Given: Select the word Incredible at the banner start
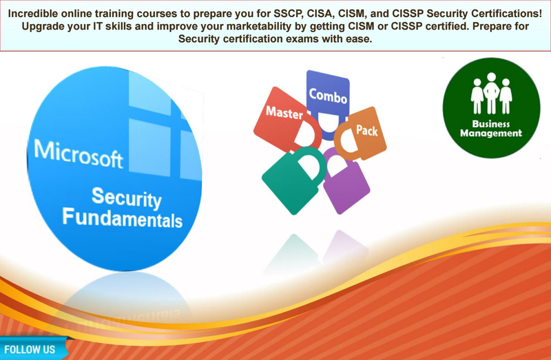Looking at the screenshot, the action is click(32, 14).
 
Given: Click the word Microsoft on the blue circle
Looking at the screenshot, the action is click(79, 154).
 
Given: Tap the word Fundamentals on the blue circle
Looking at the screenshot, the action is click(123, 218).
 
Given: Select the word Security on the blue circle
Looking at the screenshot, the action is click(127, 198).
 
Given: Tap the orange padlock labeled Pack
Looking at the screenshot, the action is click(360, 134).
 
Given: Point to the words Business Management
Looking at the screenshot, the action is click(491, 129).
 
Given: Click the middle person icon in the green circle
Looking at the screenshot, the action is click(491, 93).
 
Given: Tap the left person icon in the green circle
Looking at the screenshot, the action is click(477, 96).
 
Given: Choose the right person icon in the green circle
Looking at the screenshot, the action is click(506, 96).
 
